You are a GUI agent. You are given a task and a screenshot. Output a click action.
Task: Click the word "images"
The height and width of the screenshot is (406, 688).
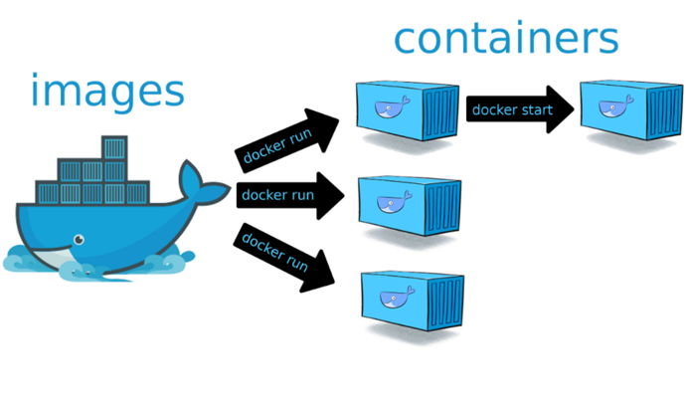[107, 92]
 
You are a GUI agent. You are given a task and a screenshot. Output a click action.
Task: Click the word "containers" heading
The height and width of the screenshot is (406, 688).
[505, 39]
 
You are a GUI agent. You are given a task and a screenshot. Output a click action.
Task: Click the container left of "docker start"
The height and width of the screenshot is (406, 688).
[408, 111]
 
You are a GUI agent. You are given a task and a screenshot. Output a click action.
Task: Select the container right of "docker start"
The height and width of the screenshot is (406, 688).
[628, 111]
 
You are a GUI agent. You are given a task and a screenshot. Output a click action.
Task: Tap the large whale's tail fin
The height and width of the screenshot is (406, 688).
[203, 179]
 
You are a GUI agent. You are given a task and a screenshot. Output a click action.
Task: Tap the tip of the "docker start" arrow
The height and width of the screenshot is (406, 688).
[574, 108]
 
